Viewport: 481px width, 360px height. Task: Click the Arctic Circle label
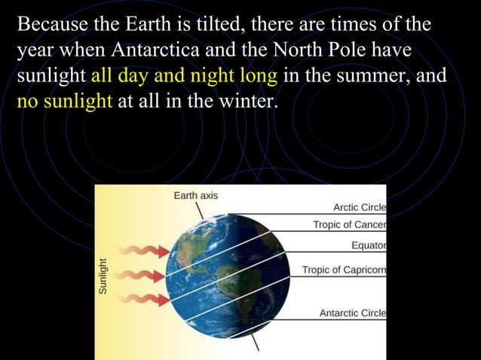(x=360, y=208)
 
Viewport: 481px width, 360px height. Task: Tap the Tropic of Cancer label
(x=349, y=225)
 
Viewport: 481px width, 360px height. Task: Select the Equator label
(x=369, y=246)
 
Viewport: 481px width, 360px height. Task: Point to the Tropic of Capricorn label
(x=344, y=270)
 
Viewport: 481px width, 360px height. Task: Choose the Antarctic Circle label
(x=353, y=313)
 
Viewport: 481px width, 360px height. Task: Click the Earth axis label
(x=196, y=195)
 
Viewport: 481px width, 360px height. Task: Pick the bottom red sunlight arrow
(x=141, y=300)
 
